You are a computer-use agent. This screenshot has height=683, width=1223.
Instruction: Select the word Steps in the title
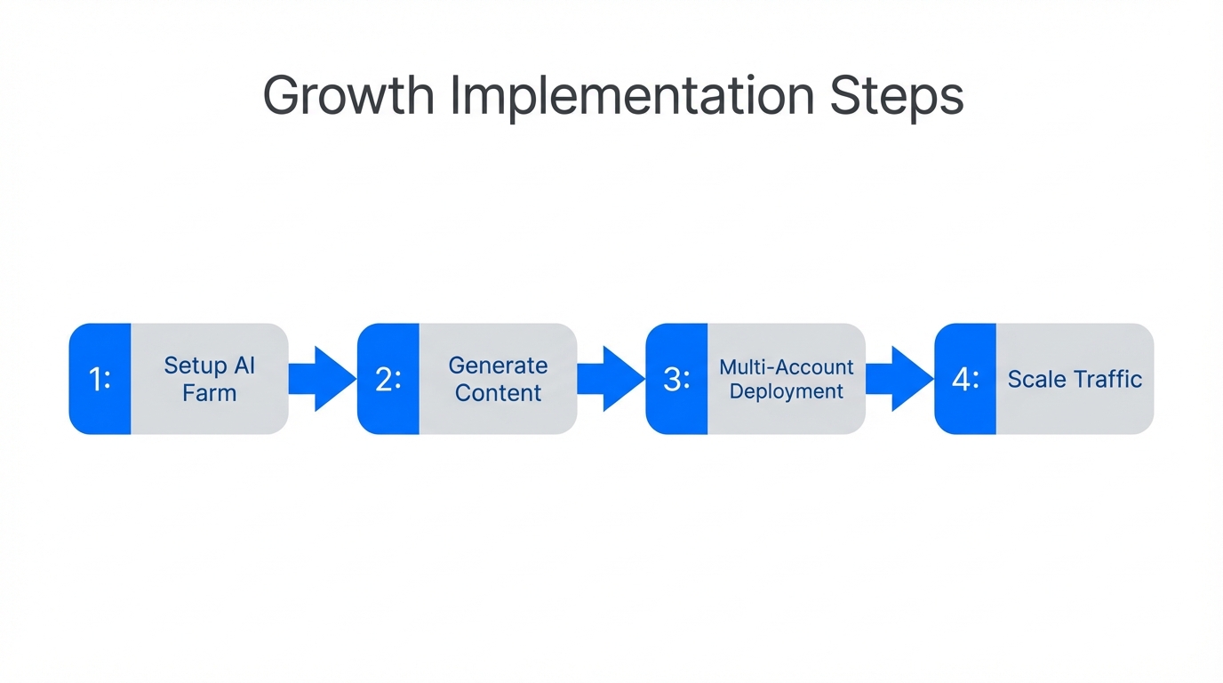[x=897, y=96]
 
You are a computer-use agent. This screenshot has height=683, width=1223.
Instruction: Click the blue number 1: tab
[x=100, y=379]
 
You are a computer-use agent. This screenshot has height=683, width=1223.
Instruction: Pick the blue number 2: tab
[x=388, y=379]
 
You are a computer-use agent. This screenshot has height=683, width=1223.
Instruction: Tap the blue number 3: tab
[x=677, y=379]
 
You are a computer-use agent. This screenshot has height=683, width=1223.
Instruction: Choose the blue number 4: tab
[x=965, y=379]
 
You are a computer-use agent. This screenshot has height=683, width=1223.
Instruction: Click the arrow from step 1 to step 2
[x=322, y=379]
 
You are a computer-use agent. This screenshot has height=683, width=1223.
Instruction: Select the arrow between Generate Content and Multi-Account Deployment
[x=611, y=379]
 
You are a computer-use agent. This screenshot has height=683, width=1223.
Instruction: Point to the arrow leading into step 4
[x=899, y=379]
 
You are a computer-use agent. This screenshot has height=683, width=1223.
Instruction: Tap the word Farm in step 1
[x=210, y=392]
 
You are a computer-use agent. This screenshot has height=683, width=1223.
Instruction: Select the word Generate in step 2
[x=498, y=366]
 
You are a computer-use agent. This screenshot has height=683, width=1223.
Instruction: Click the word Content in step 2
[x=498, y=392]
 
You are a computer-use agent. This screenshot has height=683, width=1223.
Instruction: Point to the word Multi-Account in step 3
[x=787, y=366]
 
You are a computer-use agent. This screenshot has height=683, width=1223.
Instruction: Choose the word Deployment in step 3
[x=787, y=391]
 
